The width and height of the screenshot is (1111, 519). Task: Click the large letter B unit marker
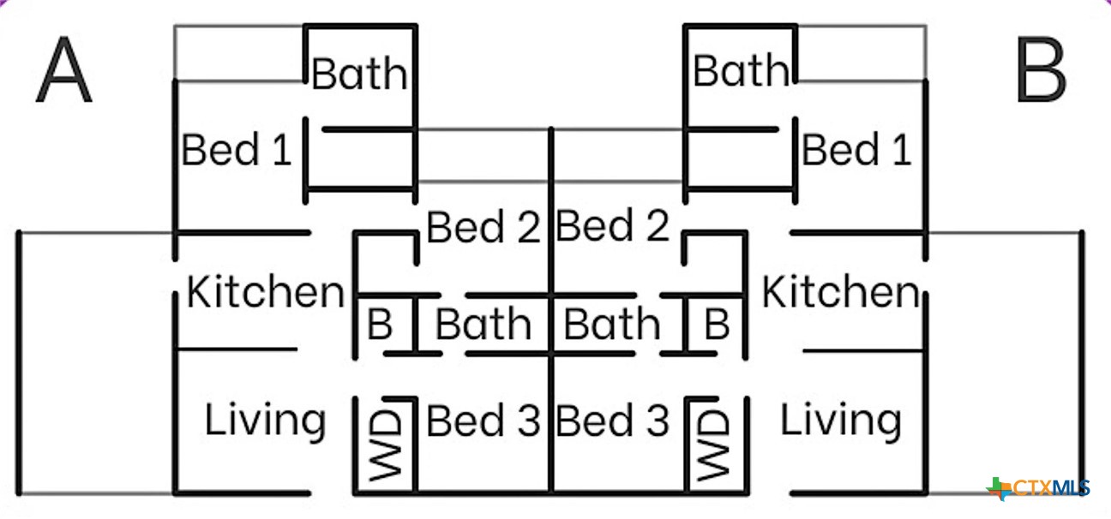(1040, 72)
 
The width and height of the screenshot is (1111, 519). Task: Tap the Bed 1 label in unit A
(237, 150)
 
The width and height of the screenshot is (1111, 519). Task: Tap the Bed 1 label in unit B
(856, 150)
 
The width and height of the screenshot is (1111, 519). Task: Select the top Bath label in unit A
(359, 74)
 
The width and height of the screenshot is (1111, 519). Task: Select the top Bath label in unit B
(741, 70)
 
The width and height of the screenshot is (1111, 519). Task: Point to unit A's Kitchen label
(265, 293)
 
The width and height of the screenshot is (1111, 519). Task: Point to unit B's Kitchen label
(840, 293)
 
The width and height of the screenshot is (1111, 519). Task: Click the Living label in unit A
(265, 421)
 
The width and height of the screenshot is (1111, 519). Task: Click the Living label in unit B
(840, 421)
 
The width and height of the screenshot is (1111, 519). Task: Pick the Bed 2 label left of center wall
(483, 227)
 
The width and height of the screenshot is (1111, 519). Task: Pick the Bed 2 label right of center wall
(612, 226)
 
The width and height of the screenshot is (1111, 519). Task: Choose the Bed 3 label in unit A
(483, 421)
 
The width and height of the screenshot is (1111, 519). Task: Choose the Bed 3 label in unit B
(612, 421)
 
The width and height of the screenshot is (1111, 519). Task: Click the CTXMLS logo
(1039, 488)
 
